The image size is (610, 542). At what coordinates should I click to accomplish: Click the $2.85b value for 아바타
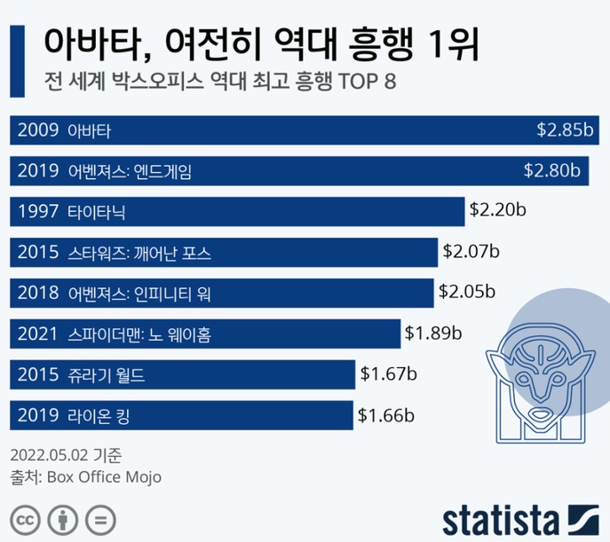coord(564,130)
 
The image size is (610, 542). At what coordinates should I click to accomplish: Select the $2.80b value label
coord(551,170)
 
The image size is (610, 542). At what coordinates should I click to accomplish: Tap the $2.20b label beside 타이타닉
coord(498,211)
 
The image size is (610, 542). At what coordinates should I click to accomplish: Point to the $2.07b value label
coord(471,252)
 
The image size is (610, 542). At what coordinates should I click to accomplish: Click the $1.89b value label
coord(434,334)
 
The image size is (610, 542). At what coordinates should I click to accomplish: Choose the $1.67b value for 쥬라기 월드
coord(389,373)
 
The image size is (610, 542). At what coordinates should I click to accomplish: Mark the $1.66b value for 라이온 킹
coord(386,414)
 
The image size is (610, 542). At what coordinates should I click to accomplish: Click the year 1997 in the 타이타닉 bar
coord(36,212)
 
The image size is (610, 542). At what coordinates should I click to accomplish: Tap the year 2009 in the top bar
coord(36,131)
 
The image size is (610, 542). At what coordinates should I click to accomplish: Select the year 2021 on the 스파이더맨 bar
coord(36,334)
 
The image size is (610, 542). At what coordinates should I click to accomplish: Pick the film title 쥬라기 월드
coord(106,375)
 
